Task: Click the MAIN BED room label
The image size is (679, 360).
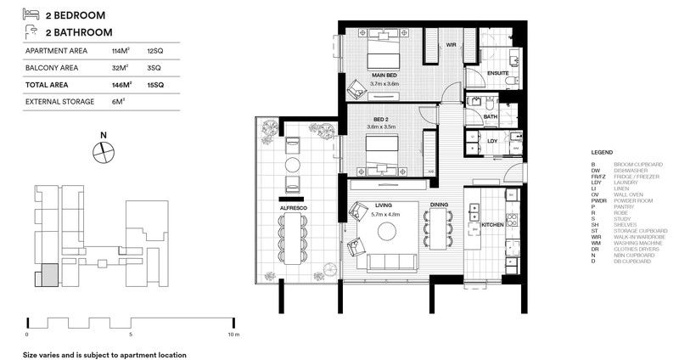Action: click(x=384, y=76)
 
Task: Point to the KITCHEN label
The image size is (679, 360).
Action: click(x=492, y=225)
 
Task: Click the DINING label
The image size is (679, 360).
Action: click(x=439, y=205)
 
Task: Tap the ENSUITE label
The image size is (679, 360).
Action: click(x=498, y=74)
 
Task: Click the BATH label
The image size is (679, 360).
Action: click(x=490, y=116)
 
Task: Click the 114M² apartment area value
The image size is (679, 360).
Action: click(x=121, y=52)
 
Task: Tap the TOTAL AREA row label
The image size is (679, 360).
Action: click(x=48, y=85)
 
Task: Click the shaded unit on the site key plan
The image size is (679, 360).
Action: click(x=48, y=275)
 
